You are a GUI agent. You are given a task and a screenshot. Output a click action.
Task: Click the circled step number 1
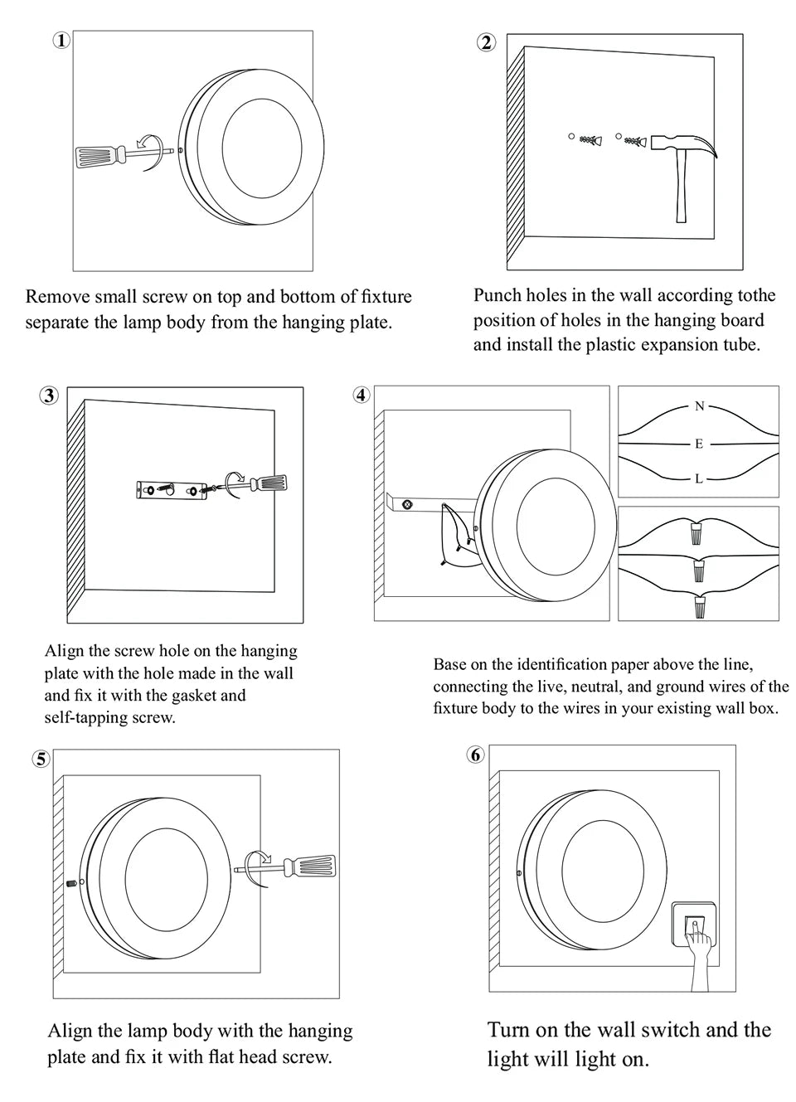(61, 41)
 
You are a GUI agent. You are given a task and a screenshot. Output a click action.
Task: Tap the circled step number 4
(361, 395)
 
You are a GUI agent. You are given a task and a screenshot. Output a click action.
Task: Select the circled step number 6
(475, 755)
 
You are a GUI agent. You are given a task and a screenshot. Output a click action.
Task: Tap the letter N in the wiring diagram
(699, 406)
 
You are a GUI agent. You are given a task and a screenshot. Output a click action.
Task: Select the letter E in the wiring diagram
(699, 444)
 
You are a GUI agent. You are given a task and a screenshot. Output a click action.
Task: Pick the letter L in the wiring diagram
(699, 478)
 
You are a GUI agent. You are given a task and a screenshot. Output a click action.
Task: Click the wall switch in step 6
(694, 926)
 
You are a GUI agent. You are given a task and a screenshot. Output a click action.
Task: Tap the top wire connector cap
(695, 531)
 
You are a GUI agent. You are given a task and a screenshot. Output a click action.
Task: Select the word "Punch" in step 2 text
(498, 295)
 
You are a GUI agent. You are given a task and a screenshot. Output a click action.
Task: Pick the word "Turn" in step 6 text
(508, 1030)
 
